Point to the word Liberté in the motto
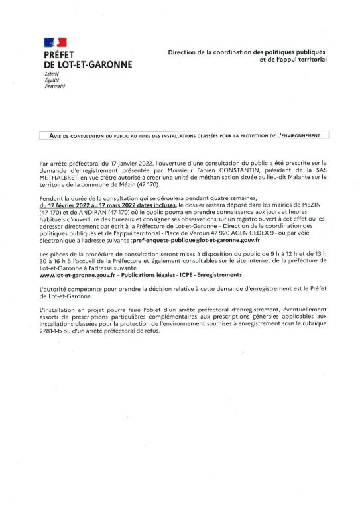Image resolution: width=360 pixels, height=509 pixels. [x=52, y=74]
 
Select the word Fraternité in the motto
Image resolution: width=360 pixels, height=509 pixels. [x=54, y=86]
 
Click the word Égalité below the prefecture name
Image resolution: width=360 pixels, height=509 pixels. [x=52, y=80]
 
